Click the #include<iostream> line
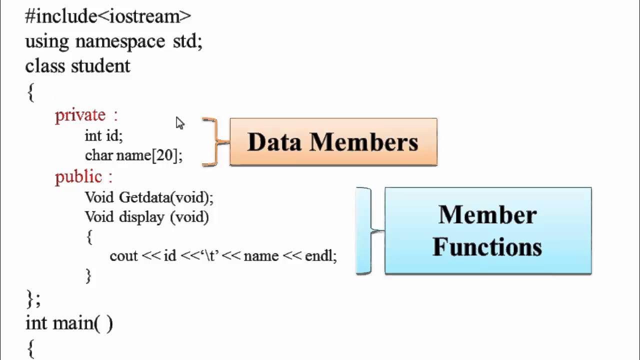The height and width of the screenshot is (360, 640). [108, 16]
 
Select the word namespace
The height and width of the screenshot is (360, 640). [120, 41]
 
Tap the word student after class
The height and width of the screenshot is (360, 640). [100, 66]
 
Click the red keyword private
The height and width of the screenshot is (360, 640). [80, 115]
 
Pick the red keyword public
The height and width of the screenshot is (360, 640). [78, 177]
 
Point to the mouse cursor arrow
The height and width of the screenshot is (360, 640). [180, 123]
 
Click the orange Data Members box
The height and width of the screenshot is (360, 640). [333, 142]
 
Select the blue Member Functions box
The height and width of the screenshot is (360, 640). [488, 231]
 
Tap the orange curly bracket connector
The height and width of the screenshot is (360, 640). [215, 142]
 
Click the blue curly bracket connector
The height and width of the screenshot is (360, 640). [370, 231]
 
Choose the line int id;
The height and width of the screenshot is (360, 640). [103, 135]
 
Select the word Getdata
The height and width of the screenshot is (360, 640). [144, 197]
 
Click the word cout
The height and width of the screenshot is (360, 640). [123, 256]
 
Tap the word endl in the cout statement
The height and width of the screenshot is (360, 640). [318, 255]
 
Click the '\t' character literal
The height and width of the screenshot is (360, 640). [210, 255]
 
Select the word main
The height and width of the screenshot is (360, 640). [73, 323]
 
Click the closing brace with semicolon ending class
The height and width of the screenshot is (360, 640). [33, 299]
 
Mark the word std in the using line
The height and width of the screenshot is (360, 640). [184, 41]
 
